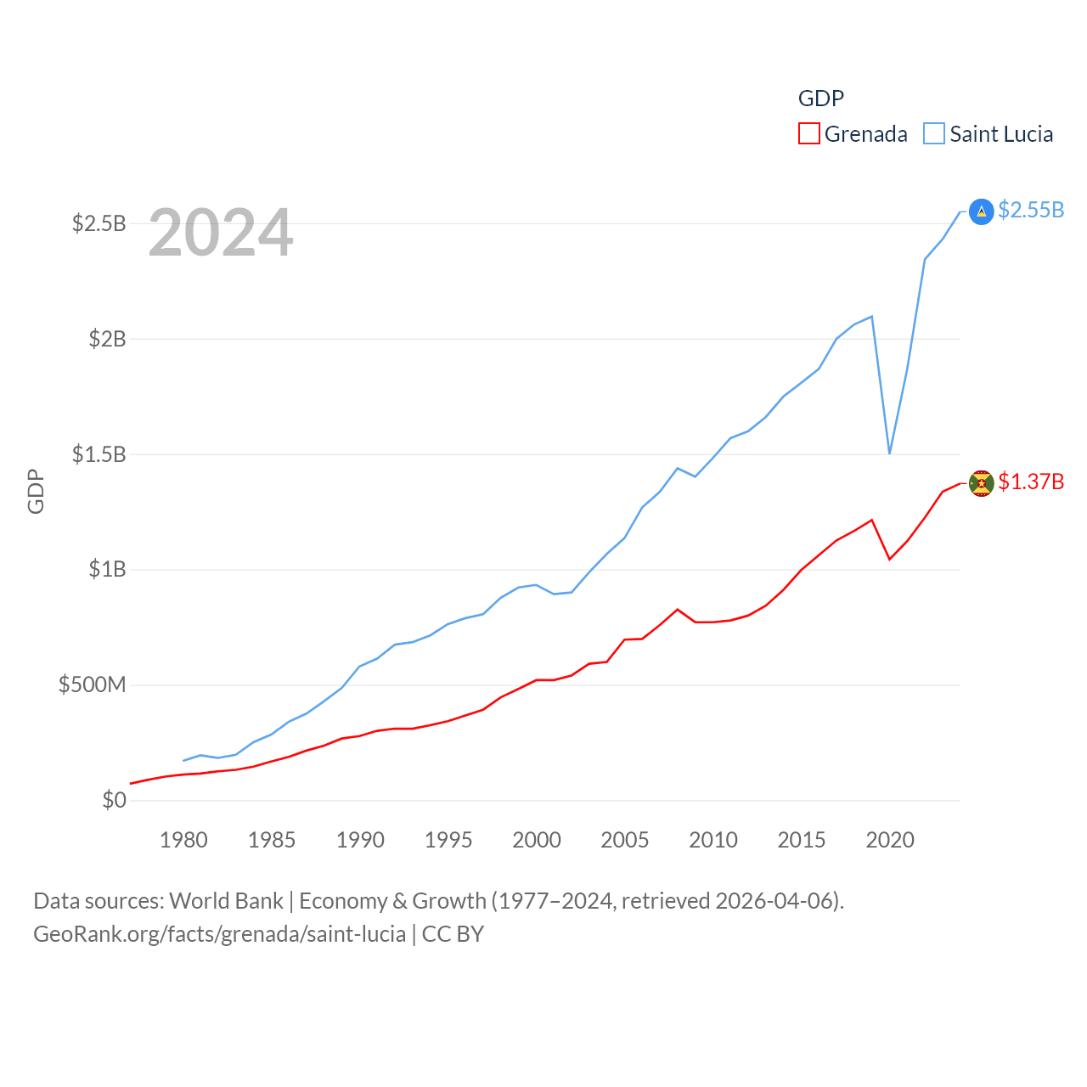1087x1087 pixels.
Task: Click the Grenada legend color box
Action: click(x=808, y=134)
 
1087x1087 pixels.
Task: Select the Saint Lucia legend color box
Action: click(x=933, y=134)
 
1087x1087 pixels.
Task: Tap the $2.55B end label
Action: click(x=1031, y=210)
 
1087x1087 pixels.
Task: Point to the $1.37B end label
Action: click(x=1031, y=482)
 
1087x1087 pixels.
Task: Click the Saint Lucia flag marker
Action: click(x=981, y=211)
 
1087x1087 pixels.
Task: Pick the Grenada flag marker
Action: click(x=981, y=483)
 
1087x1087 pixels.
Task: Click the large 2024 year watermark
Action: click(x=221, y=233)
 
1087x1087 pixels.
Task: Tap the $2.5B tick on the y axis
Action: click(x=99, y=223)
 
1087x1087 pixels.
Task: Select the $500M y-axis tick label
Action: click(x=92, y=684)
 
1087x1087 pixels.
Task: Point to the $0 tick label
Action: click(x=114, y=800)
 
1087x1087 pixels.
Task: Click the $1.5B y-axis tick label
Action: click(x=99, y=454)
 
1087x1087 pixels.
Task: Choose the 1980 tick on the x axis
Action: click(x=183, y=840)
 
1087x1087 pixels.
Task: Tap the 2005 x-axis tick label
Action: click(x=625, y=840)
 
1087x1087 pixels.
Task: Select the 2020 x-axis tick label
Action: click(x=890, y=840)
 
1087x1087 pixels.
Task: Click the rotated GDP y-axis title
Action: click(x=36, y=491)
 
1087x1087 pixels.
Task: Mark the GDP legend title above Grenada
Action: click(x=821, y=99)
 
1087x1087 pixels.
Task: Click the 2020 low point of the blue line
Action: click(x=889, y=453)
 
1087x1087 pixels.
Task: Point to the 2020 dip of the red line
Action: click(x=889, y=559)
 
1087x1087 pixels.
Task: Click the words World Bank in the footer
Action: click(x=226, y=900)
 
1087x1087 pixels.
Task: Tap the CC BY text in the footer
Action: click(x=453, y=934)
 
